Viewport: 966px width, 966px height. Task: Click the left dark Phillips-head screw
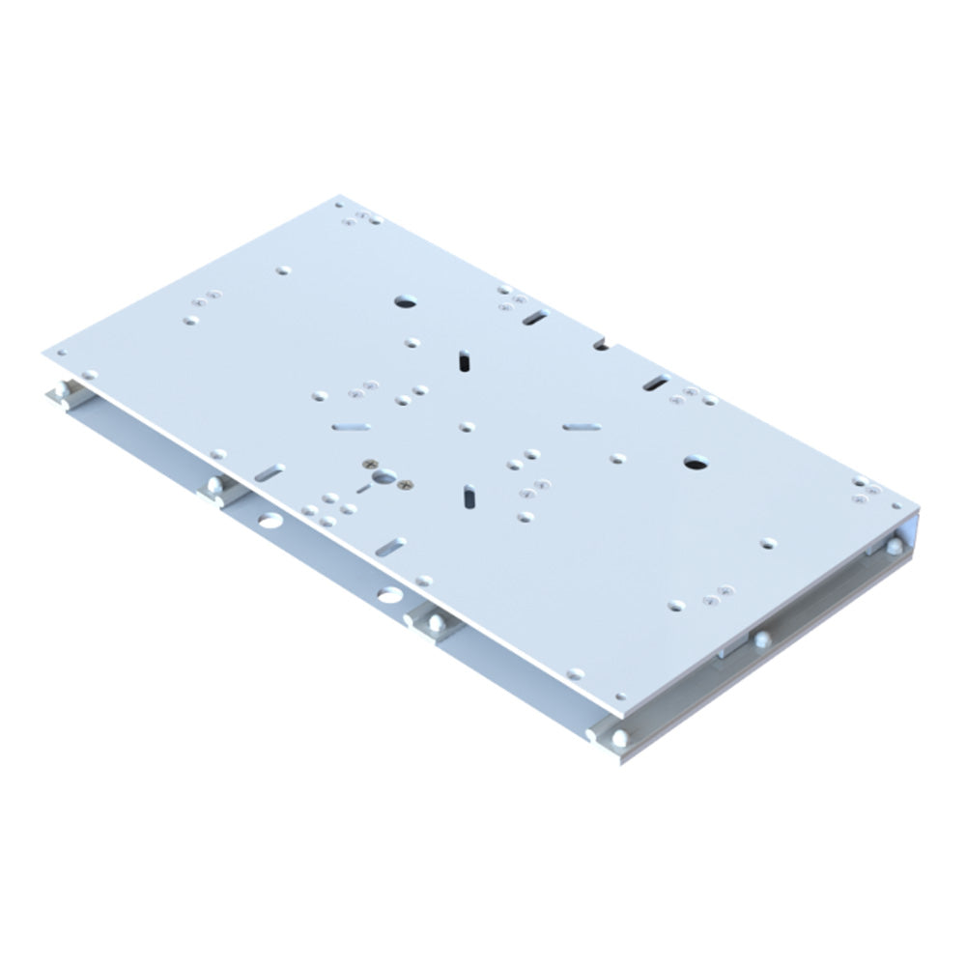pyautogui.click(x=368, y=465)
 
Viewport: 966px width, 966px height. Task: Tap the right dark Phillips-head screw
pyautogui.click(x=407, y=483)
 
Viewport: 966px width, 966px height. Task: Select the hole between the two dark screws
pyautogui.click(x=385, y=475)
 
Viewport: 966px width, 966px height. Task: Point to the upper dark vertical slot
pyautogui.click(x=465, y=360)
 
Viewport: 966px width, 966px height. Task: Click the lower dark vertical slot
pyautogui.click(x=468, y=495)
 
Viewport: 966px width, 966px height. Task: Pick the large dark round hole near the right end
pyautogui.click(x=694, y=464)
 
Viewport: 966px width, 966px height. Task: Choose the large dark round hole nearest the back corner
pyautogui.click(x=404, y=301)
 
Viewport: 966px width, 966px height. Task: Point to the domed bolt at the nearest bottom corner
pyautogui.click(x=618, y=740)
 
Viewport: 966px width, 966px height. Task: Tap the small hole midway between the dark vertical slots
pyautogui.click(x=467, y=426)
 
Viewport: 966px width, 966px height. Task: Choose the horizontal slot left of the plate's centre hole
pyautogui.click(x=351, y=424)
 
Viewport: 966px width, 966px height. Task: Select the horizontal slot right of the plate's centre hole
pyautogui.click(x=582, y=425)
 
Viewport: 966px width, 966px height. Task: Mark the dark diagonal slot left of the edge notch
pyautogui.click(x=536, y=316)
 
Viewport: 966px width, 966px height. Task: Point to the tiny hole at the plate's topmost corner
pyautogui.click(x=339, y=204)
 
